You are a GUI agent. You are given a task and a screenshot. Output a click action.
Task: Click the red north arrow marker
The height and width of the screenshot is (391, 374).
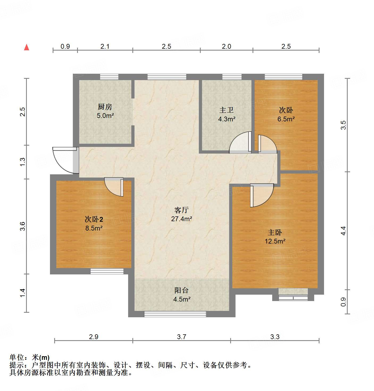tap(27, 47)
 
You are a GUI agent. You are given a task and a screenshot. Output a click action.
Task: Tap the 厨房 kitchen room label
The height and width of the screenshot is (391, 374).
tap(105, 107)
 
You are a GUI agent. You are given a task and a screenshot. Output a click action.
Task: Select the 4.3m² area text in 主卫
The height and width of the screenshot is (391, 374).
tap(226, 119)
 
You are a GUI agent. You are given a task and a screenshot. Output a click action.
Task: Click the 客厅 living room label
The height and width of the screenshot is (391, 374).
tap(182, 210)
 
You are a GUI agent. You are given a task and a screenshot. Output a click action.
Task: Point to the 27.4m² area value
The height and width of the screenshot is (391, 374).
tap(182, 219)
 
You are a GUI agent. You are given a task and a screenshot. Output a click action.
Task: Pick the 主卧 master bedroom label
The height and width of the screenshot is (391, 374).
tap(275, 233)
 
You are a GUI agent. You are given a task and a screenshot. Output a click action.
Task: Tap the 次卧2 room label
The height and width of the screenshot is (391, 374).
tap(94, 219)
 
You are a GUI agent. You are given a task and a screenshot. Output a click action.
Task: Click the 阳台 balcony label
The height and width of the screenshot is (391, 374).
tap(182, 290)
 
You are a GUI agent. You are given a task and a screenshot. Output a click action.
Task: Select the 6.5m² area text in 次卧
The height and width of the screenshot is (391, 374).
tap(286, 119)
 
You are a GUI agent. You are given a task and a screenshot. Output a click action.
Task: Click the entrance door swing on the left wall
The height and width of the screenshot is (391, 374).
tap(64, 160)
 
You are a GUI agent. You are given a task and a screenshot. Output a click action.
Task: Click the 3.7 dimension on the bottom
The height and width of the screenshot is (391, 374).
tap(182, 337)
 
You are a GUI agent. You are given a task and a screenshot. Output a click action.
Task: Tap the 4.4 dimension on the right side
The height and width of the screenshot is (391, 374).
tap(343, 231)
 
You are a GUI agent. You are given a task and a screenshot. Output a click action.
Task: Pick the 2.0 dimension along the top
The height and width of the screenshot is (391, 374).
tap(226, 47)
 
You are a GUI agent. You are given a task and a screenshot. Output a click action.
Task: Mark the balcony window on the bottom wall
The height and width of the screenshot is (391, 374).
tap(175, 314)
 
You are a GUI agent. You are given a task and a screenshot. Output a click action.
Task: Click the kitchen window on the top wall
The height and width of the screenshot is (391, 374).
tap(109, 77)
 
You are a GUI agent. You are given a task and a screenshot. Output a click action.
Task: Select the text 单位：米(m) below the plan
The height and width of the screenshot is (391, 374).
tap(30, 357)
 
